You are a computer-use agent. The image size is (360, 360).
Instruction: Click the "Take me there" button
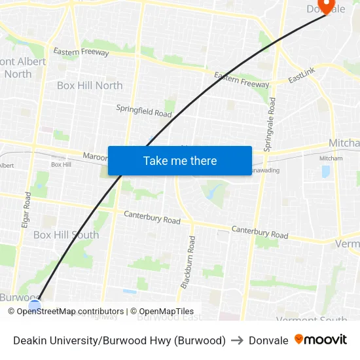[180, 161]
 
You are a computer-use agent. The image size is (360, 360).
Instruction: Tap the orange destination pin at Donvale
[325, 6]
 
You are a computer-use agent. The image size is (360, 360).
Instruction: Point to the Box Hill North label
[90, 85]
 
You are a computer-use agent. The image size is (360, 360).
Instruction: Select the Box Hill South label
[66, 234]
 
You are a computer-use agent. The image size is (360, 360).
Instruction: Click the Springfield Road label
[144, 111]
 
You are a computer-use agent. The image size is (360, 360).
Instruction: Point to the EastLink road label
[302, 77]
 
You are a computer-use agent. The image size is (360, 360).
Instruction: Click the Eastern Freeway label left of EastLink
[242, 81]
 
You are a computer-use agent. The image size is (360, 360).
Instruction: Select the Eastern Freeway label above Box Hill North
[81, 52]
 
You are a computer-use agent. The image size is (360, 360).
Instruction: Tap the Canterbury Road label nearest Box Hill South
[152, 217]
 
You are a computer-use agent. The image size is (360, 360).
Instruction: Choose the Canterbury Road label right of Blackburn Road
[260, 231]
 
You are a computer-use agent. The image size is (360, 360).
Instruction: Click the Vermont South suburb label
[312, 319]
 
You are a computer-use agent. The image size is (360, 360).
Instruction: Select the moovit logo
[321, 340]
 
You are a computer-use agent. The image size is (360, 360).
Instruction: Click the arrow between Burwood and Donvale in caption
[237, 340]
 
